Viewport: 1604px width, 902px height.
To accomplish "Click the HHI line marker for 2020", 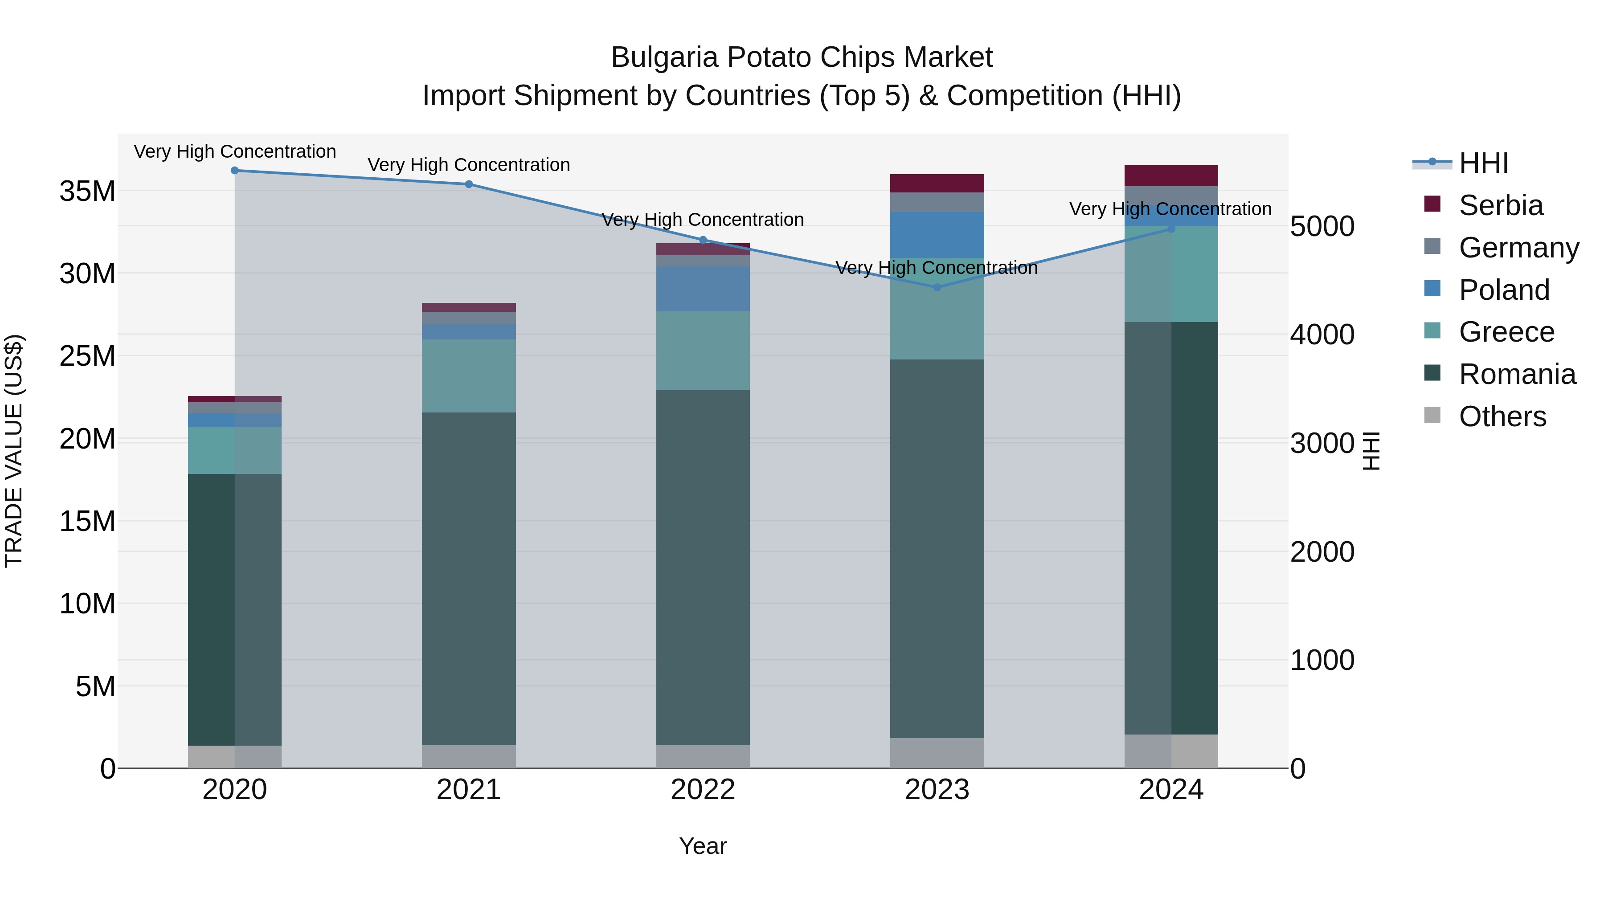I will pos(235,171).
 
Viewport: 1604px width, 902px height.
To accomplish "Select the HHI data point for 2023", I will pos(937,288).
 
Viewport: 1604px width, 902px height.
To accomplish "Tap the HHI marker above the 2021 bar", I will pos(469,184).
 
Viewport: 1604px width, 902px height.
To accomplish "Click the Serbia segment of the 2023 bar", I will pos(937,184).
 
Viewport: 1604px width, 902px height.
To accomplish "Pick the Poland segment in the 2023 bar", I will pos(937,235).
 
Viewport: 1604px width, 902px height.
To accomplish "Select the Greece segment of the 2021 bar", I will pos(469,375).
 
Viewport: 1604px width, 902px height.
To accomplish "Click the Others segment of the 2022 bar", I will pos(703,756).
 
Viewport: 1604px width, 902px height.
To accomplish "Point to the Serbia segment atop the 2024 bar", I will pos(1171,176).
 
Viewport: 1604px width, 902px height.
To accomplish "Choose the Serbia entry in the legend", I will pos(1501,205).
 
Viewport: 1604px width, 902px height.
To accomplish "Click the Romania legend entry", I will pos(1517,374).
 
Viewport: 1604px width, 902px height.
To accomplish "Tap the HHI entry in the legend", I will pos(1483,163).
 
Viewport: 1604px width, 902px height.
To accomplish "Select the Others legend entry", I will pos(1502,416).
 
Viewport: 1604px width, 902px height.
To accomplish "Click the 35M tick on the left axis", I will pos(87,191).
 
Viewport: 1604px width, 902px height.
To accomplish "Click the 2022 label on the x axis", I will pos(703,790).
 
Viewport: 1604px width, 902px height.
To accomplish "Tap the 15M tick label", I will pos(87,521).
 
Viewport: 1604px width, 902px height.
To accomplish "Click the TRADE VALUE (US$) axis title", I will pos(14,451).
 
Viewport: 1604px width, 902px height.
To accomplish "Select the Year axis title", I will pos(703,846).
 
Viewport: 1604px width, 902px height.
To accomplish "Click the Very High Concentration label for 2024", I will pos(1170,209).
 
